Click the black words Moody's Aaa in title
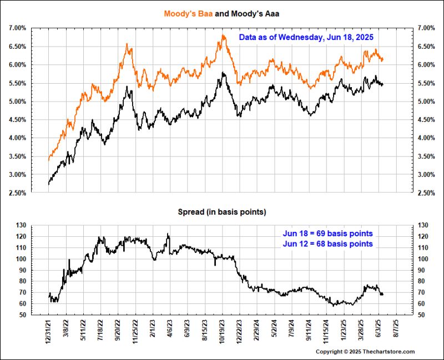253,12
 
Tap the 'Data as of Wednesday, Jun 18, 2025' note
306,38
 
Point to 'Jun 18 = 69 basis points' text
328,233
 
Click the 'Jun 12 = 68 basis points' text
328,244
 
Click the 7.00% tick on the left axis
17,28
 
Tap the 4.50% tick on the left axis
17,120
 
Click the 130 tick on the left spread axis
22,225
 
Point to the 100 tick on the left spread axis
22,259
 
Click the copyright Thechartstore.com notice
365,352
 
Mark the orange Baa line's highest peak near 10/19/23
223,36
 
